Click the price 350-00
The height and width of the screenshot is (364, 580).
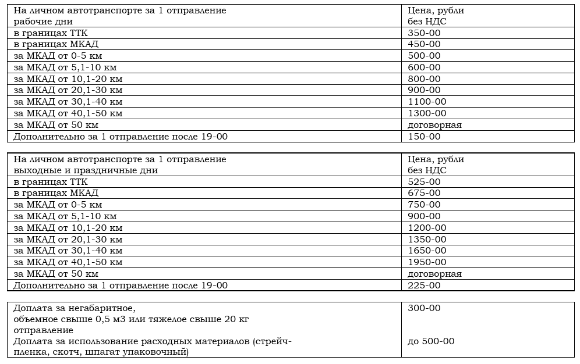[x=424, y=33]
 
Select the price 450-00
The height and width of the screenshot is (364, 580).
[x=424, y=44]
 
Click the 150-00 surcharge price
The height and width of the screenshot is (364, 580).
[x=424, y=137]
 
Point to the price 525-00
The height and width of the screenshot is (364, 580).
[x=424, y=181]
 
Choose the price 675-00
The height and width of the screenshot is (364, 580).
[x=424, y=193]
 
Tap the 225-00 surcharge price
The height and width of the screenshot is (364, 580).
[x=424, y=286]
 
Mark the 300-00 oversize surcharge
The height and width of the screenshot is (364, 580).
[x=424, y=308]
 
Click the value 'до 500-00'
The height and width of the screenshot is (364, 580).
[x=431, y=341]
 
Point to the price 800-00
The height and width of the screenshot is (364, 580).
[x=424, y=79]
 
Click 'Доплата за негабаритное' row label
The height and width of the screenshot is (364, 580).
[x=78, y=308]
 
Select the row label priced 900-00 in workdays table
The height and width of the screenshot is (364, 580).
[x=68, y=90]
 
